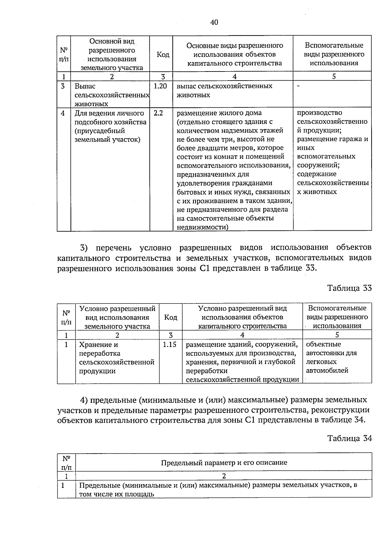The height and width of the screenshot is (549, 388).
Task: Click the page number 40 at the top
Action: point(214,22)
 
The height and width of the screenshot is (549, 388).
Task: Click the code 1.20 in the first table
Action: point(160,86)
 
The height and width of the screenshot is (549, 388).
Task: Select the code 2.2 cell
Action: point(158,113)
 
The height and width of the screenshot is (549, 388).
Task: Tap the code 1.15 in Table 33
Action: point(169,345)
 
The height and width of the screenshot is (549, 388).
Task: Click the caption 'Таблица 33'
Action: point(350,288)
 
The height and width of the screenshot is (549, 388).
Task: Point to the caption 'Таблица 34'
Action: point(350,438)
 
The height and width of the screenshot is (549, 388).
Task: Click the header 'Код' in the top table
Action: point(163,55)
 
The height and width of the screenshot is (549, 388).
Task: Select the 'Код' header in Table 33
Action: point(170,317)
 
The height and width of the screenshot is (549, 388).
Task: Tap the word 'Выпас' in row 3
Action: point(85,86)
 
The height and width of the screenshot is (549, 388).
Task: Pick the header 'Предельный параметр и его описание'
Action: point(224,462)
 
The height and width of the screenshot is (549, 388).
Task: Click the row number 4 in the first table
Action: point(63,113)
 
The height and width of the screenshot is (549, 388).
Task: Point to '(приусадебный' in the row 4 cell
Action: point(100,131)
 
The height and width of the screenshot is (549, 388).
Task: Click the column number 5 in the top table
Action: point(334,76)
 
